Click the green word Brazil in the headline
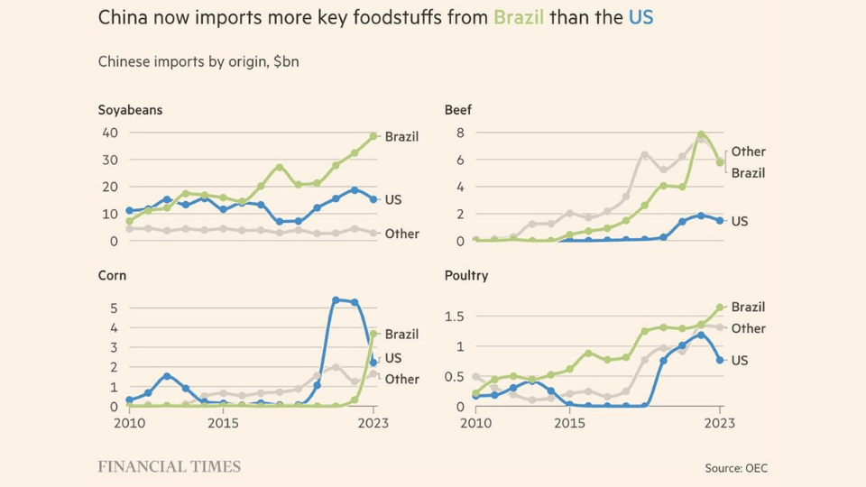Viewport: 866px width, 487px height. [x=518, y=17]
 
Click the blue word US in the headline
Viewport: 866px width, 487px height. [x=640, y=17]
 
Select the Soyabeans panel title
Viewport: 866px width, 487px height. [x=130, y=110]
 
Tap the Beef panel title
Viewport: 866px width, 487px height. [x=458, y=110]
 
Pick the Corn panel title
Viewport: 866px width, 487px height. [x=112, y=275]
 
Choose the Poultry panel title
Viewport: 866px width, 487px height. [x=466, y=275]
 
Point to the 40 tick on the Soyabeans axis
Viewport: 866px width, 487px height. [x=109, y=133]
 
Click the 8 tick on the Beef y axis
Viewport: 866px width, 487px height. [x=458, y=133]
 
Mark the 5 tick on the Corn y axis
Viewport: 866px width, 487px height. [x=114, y=308]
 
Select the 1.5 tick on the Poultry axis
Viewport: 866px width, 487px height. [x=454, y=316]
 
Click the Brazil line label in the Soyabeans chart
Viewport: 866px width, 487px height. [x=401, y=137]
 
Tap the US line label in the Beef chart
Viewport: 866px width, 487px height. [x=740, y=221]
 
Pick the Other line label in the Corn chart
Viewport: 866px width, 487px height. [x=402, y=379]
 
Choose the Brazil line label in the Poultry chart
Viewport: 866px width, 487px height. [x=748, y=307]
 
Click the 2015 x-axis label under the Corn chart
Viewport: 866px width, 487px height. [x=223, y=422]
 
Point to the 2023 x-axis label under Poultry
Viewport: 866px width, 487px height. [x=720, y=422]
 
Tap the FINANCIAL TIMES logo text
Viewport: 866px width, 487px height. [x=169, y=466]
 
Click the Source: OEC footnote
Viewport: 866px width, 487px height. [x=736, y=468]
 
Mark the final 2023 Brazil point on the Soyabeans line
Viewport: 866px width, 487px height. [x=373, y=136]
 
